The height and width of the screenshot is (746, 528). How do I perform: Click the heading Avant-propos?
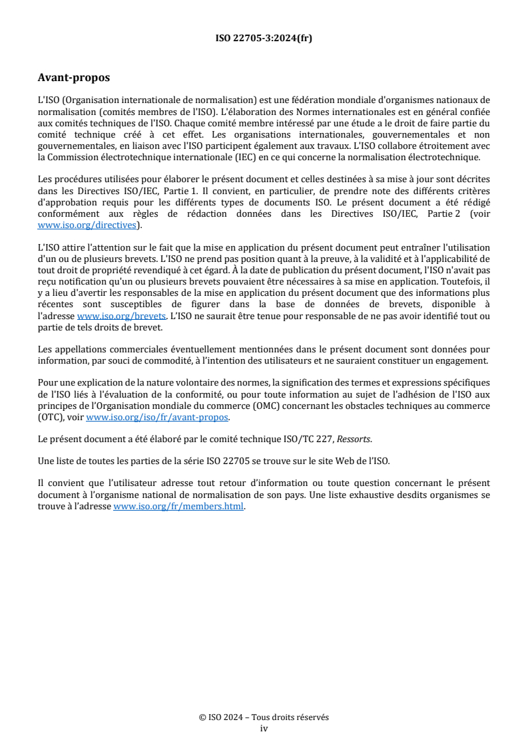coord(74,78)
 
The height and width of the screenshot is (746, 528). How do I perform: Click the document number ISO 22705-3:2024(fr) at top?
coord(264,38)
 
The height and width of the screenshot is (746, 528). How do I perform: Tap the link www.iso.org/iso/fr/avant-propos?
coord(157,417)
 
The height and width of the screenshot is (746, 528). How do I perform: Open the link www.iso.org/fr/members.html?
coord(178,506)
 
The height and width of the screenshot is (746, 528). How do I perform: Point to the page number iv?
coord(264,728)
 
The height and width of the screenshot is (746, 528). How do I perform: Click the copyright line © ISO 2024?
coord(264,717)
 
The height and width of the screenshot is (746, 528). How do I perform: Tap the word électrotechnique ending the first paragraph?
coord(442,158)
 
